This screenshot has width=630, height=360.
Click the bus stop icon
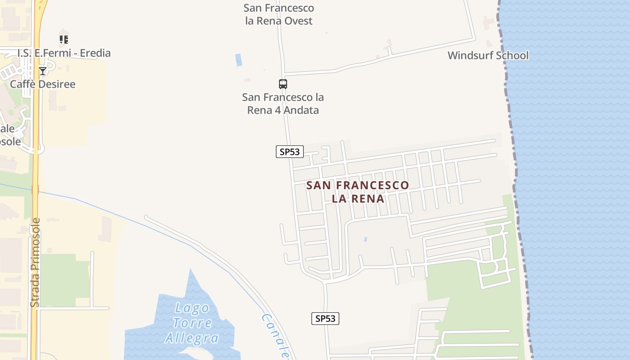click(283, 84)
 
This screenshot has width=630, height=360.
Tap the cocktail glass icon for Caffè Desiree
click(42, 71)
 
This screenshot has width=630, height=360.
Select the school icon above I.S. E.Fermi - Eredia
click(64, 40)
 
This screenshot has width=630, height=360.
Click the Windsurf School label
click(488, 56)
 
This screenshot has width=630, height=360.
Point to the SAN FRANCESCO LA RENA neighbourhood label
click(358, 192)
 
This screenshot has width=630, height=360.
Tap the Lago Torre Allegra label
click(192, 323)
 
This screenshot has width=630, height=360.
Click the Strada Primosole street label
click(35, 263)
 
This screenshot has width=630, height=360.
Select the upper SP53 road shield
click(290, 152)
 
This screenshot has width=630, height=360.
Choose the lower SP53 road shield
click(325, 319)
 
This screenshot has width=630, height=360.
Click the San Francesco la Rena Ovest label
click(279, 14)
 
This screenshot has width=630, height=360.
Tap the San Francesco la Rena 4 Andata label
click(283, 103)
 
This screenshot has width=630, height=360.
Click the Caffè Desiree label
click(43, 84)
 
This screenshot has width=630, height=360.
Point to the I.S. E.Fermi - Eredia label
click(64, 53)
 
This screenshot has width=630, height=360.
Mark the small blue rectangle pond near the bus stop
click(238, 60)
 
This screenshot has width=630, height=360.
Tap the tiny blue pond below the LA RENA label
click(365, 239)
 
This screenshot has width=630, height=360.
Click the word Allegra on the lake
click(192, 337)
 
